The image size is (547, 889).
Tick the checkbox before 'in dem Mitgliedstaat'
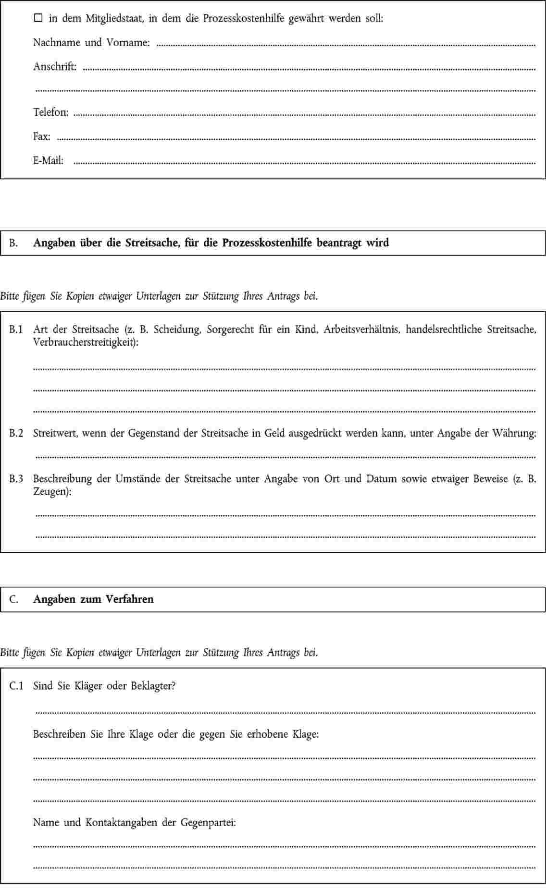[38, 19]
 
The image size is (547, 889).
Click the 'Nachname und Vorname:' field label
[91, 43]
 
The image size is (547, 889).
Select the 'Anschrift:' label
[54, 67]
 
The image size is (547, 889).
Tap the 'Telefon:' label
[50, 112]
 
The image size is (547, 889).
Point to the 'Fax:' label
[41, 136]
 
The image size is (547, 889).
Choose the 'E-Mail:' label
[48, 160]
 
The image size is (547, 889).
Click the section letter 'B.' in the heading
[13, 243]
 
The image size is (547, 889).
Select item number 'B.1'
[16, 329]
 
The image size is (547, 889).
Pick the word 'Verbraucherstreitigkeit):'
[86, 342]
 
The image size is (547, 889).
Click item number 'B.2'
[16, 433]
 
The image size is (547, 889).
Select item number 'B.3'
[16, 479]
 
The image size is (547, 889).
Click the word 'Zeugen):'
[52, 492]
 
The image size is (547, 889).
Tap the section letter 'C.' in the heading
[13, 599]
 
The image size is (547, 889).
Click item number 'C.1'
[16, 686]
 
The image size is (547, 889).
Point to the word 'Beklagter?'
[153, 686]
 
